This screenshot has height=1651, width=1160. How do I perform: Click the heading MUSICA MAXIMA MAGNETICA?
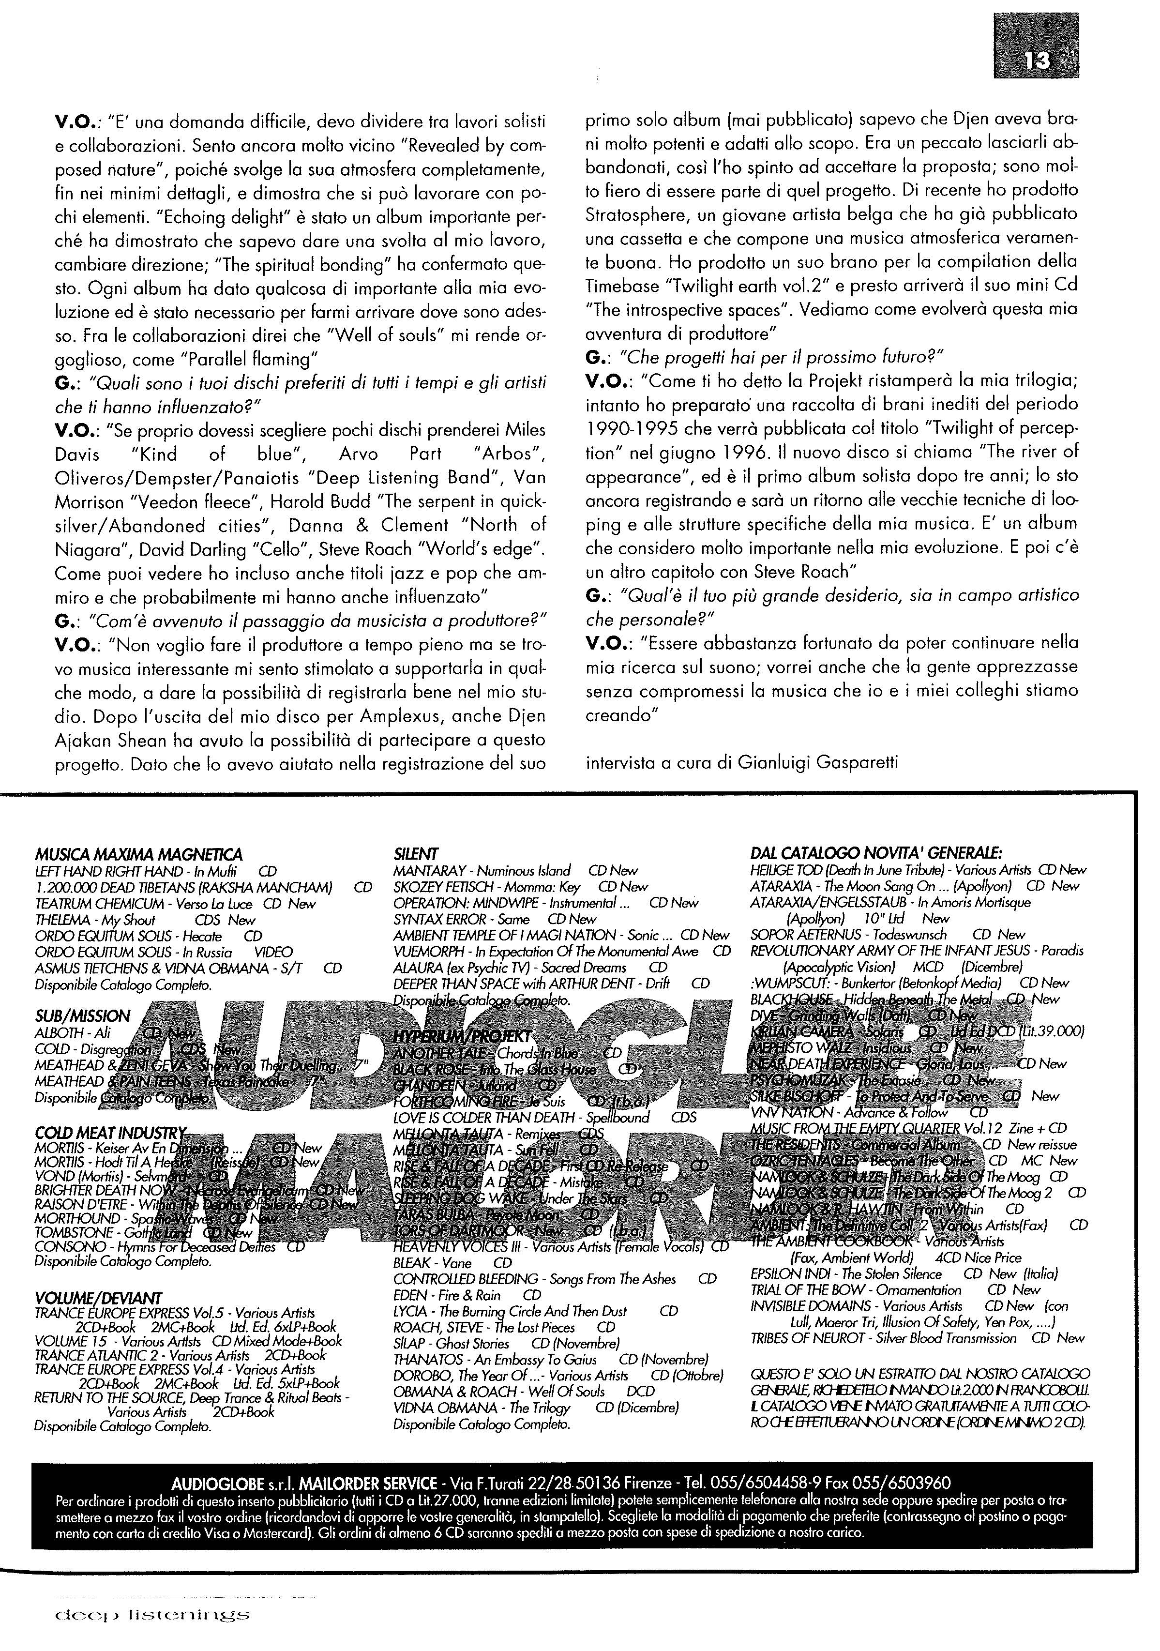(x=138, y=855)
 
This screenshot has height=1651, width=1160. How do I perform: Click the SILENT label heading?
(x=416, y=854)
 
